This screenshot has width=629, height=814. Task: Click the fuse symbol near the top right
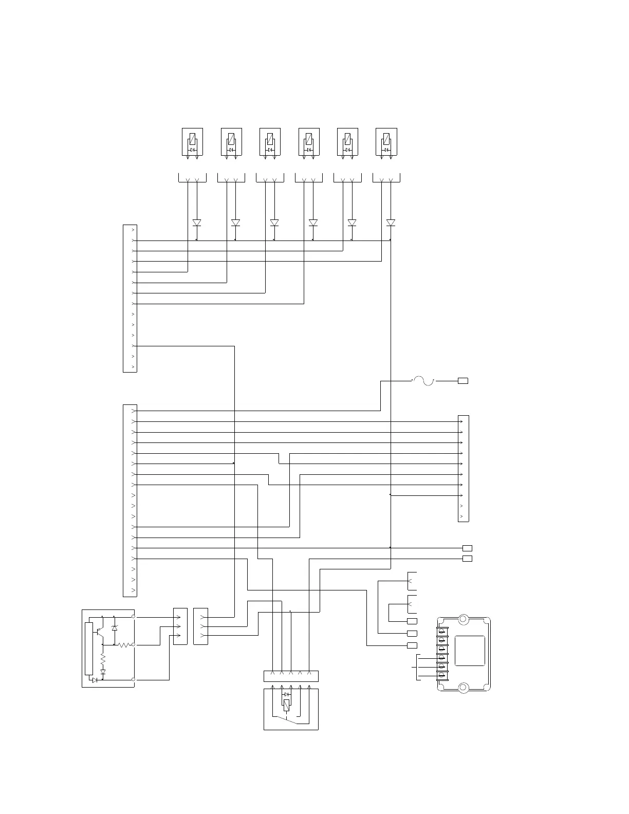pyautogui.click(x=423, y=381)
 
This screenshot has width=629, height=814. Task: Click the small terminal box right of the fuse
pyautogui.click(x=463, y=381)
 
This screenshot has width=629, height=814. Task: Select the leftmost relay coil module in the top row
pyautogui.click(x=192, y=142)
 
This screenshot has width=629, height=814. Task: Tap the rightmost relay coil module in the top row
pyautogui.click(x=386, y=142)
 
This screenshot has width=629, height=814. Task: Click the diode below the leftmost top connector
pyautogui.click(x=197, y=223)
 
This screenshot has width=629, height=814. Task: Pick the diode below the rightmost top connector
pyautogui.click(x=391, y=223)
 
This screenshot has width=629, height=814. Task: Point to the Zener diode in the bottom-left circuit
pyautogui.click(x=114, y=628)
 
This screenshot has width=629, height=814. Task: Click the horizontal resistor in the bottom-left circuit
pyautogui.click(x=123, y=645)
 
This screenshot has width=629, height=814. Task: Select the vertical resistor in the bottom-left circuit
pyautogui.click(x=103, y=658)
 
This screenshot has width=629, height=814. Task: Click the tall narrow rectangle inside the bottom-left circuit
pyautogui.click(x=88, y=649)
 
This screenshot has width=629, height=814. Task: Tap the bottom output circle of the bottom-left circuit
pyautogui.click(x=134, y=679)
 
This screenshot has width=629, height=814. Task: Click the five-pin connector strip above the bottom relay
pyautogui.click(x=291, y=676)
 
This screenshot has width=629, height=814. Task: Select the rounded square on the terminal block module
pyautogui.click(x=470, y=651)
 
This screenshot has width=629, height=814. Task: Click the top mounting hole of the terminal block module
pyautogui.click(x=463, y=619)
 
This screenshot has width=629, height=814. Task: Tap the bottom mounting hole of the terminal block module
pyautogui.click(x=463, y=687)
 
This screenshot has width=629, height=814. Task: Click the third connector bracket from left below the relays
pyautogui.click(x=270, y=178)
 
